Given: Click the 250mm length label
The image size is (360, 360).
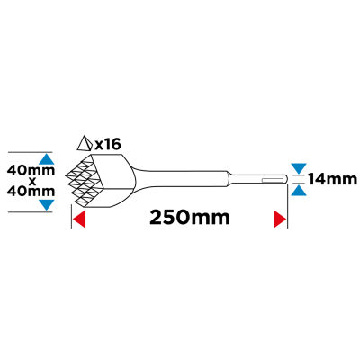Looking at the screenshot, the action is pyautogui.click(x=190, y=218).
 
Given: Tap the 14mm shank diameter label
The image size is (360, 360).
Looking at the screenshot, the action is pyautogui.click(x=332, y=179).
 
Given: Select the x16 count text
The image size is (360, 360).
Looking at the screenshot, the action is pyautogui.click(x=108, y=145).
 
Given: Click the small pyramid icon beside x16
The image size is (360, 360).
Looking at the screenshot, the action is pyautogui.click(x=85, y=143).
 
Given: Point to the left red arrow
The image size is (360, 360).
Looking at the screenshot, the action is pyautogui.click(x=80, y=220).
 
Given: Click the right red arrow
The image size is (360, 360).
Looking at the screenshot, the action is pyautogui.click(x=280, y=220).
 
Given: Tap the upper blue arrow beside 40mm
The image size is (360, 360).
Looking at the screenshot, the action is pyautogui.click(x=47, y=158).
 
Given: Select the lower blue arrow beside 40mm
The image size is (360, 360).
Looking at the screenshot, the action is pyautogui.click(x=47, y=205).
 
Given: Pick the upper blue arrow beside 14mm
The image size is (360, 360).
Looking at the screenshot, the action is pyautogui.click(x=299, y=168).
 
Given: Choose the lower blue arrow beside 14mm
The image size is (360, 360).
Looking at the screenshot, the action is pyautogui.click(x=299, y=191).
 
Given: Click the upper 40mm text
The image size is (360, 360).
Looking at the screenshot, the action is pyautogui.click(x=31, y=171).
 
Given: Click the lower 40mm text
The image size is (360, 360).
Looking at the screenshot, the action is pyautogui.click(x=31, y=192).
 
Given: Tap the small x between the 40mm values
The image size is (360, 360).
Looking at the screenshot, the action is pyautogui.click(x=32, y=181).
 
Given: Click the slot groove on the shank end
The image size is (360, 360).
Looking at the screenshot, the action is pyautogui.click(x=273, y=180).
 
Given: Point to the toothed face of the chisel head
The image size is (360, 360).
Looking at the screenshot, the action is pyautogui.click(x=79, y=181).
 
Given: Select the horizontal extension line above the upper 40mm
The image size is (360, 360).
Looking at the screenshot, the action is pyautogui.click(x=30, y=152).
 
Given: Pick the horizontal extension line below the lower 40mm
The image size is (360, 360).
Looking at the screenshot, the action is pyautogui.click(x=30, y=211).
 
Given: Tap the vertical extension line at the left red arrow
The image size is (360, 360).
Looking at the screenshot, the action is pyautogui.click(x=71, y=217).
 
